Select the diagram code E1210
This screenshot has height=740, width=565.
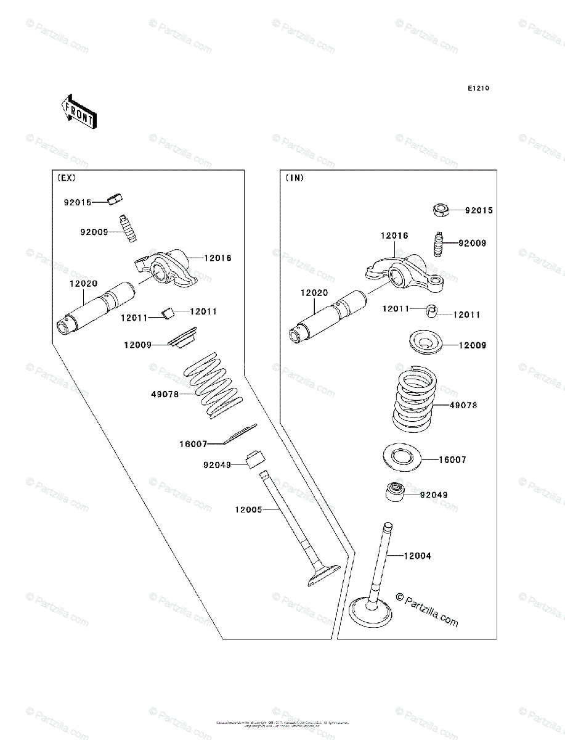478,89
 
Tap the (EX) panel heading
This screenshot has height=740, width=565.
67,178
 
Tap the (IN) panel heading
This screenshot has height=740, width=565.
295,178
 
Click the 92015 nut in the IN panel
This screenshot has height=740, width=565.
441,210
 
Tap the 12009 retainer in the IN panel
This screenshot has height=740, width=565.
425,343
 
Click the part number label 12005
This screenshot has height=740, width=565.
248,510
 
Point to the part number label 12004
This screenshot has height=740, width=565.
418,556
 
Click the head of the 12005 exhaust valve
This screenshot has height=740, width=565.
322,574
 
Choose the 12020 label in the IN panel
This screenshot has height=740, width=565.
314,294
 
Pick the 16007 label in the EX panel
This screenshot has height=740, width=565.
193,443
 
